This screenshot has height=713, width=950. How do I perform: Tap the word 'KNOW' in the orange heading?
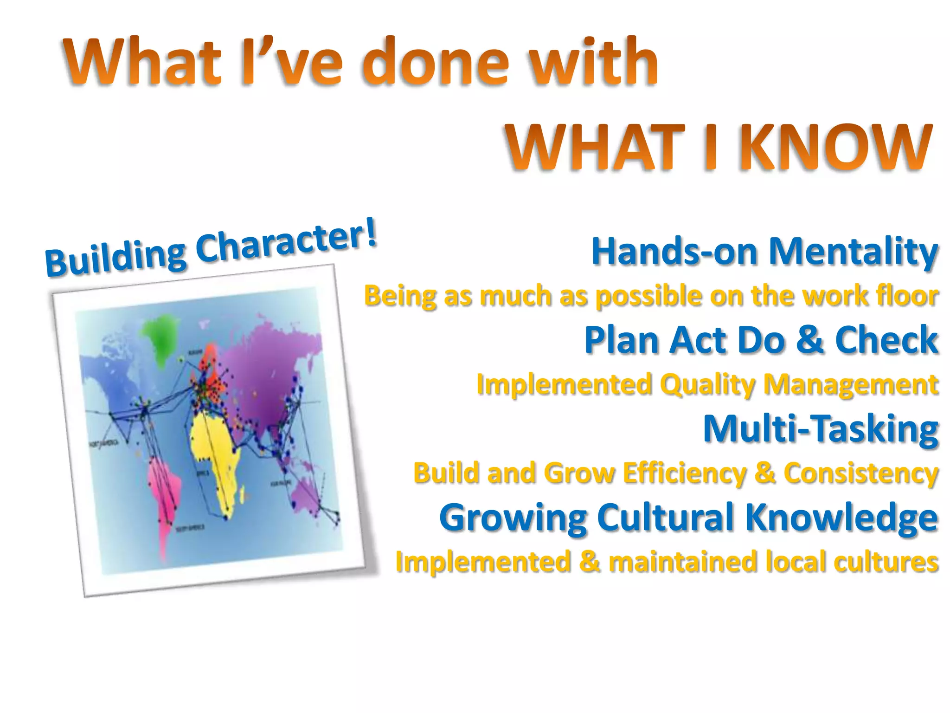pos(835,148)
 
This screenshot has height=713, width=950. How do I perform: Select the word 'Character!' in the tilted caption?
pos(286,241)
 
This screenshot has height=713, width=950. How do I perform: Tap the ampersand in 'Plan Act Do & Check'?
pos(810,339)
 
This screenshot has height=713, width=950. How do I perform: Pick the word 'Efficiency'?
pos(685,473)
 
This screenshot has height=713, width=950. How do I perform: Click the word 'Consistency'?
pos(861,473)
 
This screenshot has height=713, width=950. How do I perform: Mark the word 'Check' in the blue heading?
pos(886,339)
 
